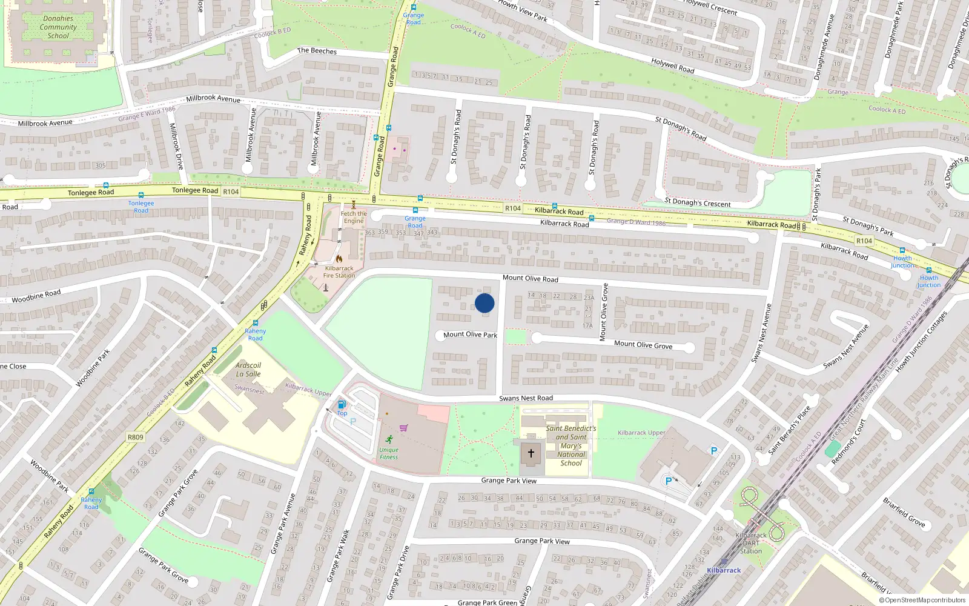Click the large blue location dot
click(484, 303)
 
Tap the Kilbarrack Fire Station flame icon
click(339, 259)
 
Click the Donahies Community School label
click(58, 27)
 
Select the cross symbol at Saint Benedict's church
click(531, 453)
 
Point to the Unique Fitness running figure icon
click(389, 439)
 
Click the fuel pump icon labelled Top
click(342, 405)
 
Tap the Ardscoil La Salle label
click(248, 370)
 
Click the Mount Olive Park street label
click(470, 335)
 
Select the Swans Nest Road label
click(526, 398)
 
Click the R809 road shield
click(136, 437)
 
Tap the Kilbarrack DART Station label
click(751, 543)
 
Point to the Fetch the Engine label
click(354, 217)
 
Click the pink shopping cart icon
click(403, 428)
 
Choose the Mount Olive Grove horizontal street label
click(643, 344)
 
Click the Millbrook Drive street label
click(176, 146)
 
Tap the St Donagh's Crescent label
click(698, 202)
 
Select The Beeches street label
click(317, 51)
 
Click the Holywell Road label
click(673, 65)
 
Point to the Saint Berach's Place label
click(789, 430)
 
